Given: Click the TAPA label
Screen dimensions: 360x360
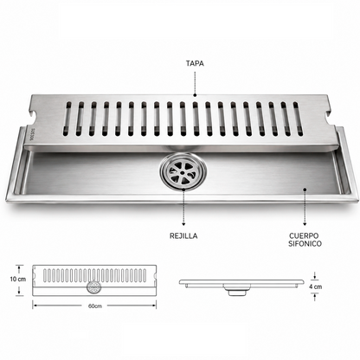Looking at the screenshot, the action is coord(195,63).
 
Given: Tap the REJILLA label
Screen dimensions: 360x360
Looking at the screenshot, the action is coord(183,236).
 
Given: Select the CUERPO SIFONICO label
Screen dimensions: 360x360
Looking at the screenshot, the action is coord(305,240).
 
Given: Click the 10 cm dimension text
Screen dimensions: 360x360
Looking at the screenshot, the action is coord(17,280).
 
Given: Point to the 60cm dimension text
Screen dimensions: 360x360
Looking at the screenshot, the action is coord(95,305).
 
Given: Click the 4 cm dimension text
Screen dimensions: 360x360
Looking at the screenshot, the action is coord(315,286).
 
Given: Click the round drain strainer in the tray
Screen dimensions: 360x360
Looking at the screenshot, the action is coord(183,172).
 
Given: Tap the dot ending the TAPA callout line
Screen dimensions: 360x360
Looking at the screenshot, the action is coord(195,94).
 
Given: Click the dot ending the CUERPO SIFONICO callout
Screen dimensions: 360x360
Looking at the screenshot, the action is coord(305,190).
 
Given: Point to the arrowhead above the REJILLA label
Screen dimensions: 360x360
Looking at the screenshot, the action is coord(183,223).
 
